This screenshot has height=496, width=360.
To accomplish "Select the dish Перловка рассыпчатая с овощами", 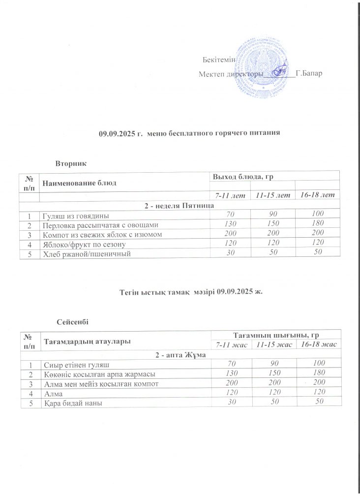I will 100,224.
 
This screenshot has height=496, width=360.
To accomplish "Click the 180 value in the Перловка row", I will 320,224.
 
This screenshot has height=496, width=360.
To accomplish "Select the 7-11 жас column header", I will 230,344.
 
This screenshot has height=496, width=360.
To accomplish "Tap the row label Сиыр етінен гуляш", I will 76,365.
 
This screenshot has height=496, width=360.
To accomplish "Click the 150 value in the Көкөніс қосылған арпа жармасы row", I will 275,373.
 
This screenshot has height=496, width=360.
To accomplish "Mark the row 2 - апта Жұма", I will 180,355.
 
